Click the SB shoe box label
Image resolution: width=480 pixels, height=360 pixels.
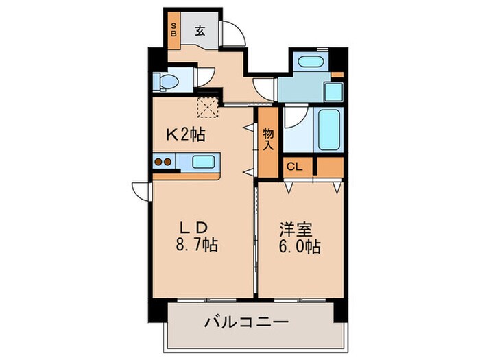coord(173,30)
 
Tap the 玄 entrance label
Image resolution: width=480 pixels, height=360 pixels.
coord(199,30)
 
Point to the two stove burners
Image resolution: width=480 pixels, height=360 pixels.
coord(165,163)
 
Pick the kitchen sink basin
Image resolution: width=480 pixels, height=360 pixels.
coord(203,163)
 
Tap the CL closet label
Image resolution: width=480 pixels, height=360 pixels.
coord(294,167)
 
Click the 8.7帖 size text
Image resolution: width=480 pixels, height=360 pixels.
coord(197,245)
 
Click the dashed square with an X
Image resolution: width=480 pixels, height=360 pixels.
coord(206,106)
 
